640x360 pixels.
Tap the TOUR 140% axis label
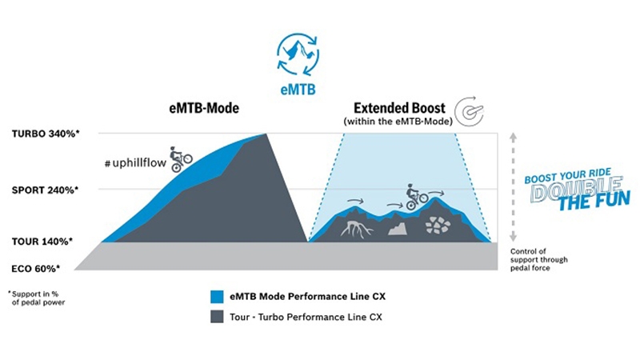pos(45,241)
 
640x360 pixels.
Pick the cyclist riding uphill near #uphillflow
pos(180,157)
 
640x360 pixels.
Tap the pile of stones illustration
pos(437,225)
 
